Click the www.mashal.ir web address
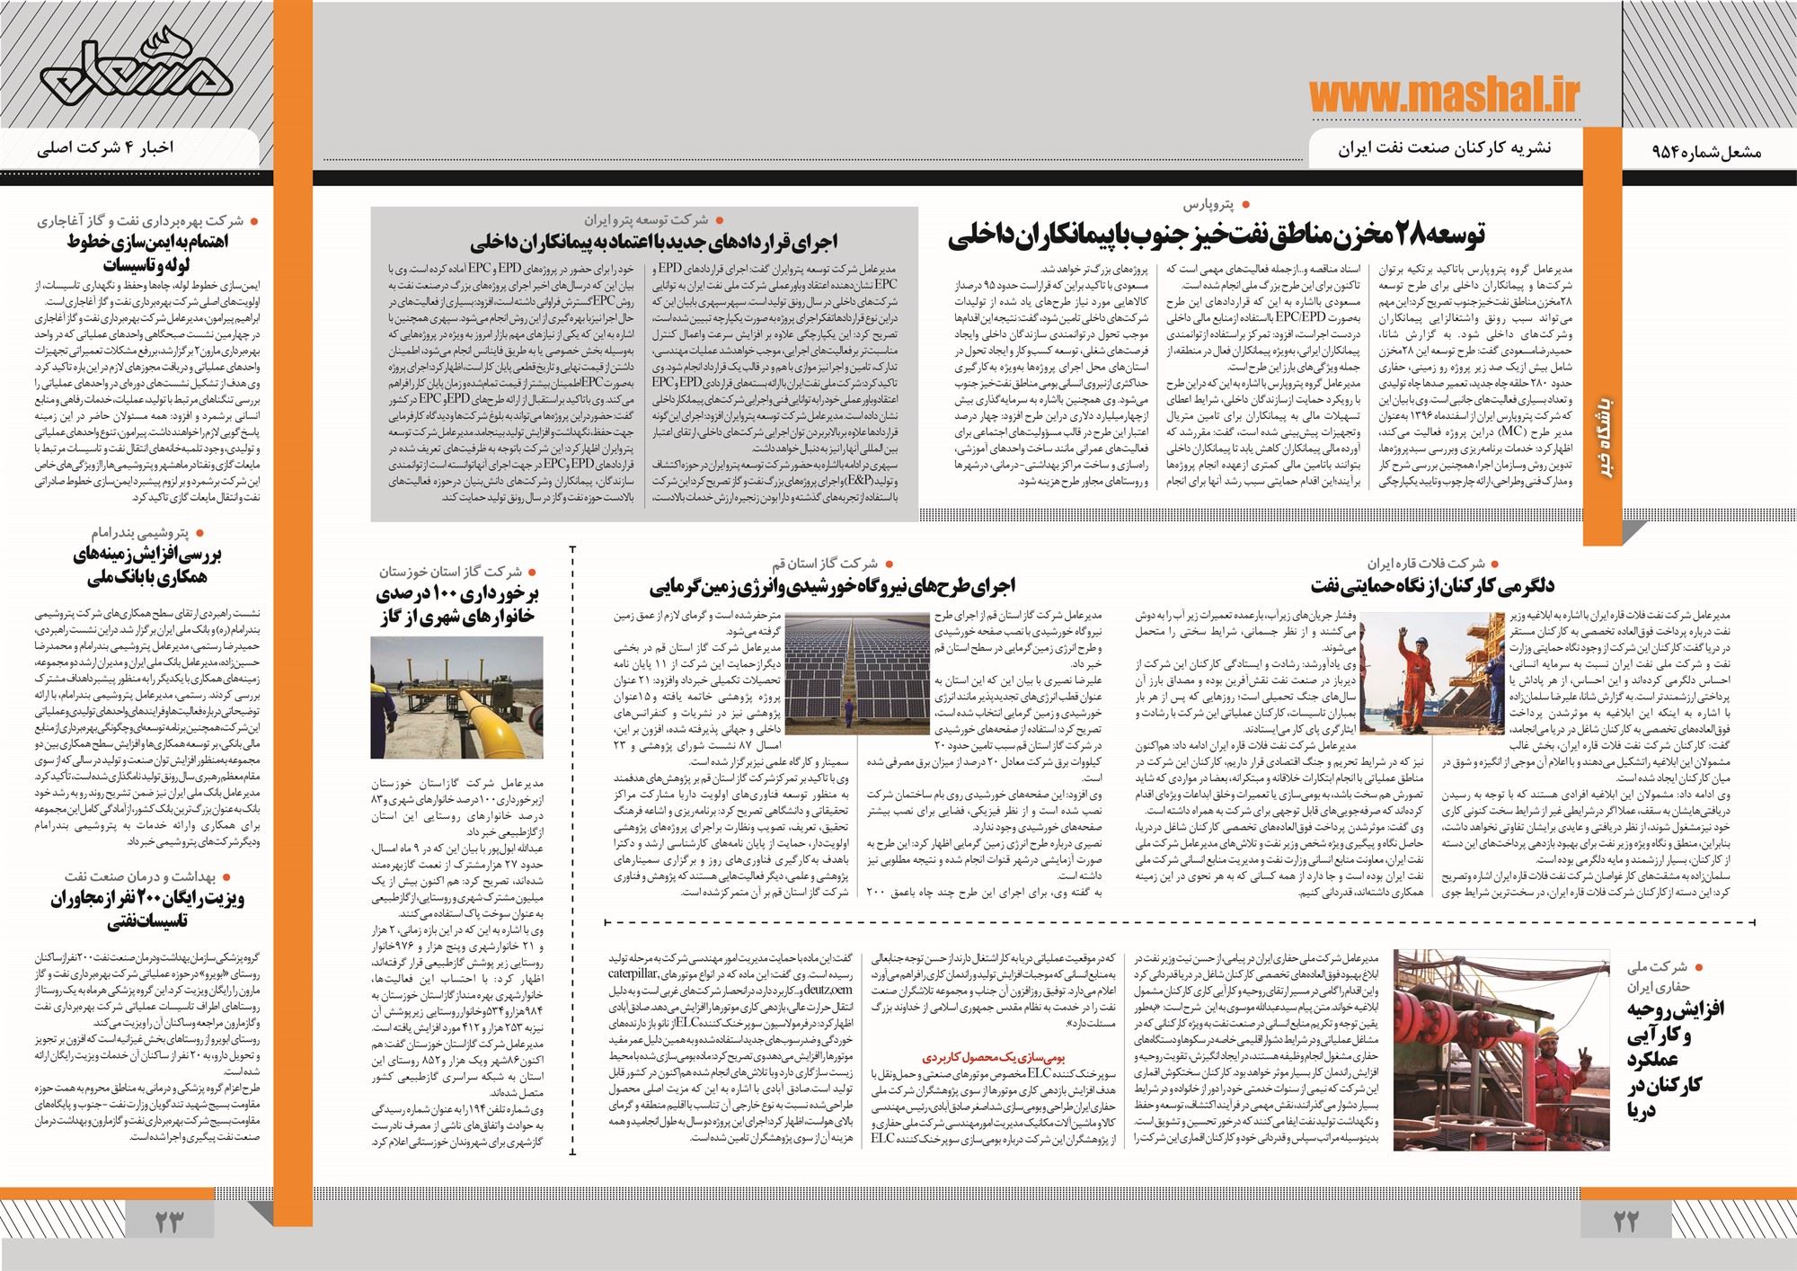click(x=1444, y=95)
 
